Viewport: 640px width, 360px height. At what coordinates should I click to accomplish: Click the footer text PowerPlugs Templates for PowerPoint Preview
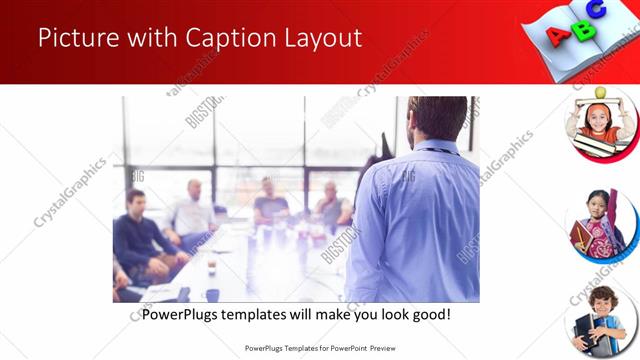click(x=320, y=348)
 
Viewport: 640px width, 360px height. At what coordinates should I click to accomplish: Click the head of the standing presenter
click(x=439, y=119)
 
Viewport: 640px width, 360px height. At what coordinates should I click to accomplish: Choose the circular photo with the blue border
click(x=600, y=225)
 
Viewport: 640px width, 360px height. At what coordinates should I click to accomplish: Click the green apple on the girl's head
click(x=600, y=93)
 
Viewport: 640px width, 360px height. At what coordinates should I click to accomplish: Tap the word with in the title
click(x=147, y=38)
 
